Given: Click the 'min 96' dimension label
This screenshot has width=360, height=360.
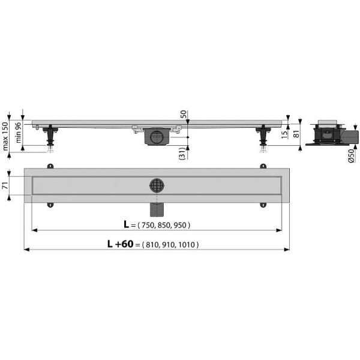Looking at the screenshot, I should [x=19, y=132].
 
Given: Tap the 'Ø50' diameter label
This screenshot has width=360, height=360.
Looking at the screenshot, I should [x=350, y=158].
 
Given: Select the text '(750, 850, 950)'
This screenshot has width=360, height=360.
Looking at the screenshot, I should [x=164, y=226].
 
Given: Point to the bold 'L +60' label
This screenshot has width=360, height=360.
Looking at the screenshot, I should [x=120, y=244].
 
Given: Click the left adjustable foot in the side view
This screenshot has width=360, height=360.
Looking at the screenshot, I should [x=51, y=136].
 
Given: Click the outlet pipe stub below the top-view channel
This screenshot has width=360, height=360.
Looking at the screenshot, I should [x=157, y=210].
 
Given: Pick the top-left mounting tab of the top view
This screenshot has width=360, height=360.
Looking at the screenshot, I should [x=50, y=166].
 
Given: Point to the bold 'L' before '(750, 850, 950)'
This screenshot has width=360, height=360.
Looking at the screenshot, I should [x=126, y=225].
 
